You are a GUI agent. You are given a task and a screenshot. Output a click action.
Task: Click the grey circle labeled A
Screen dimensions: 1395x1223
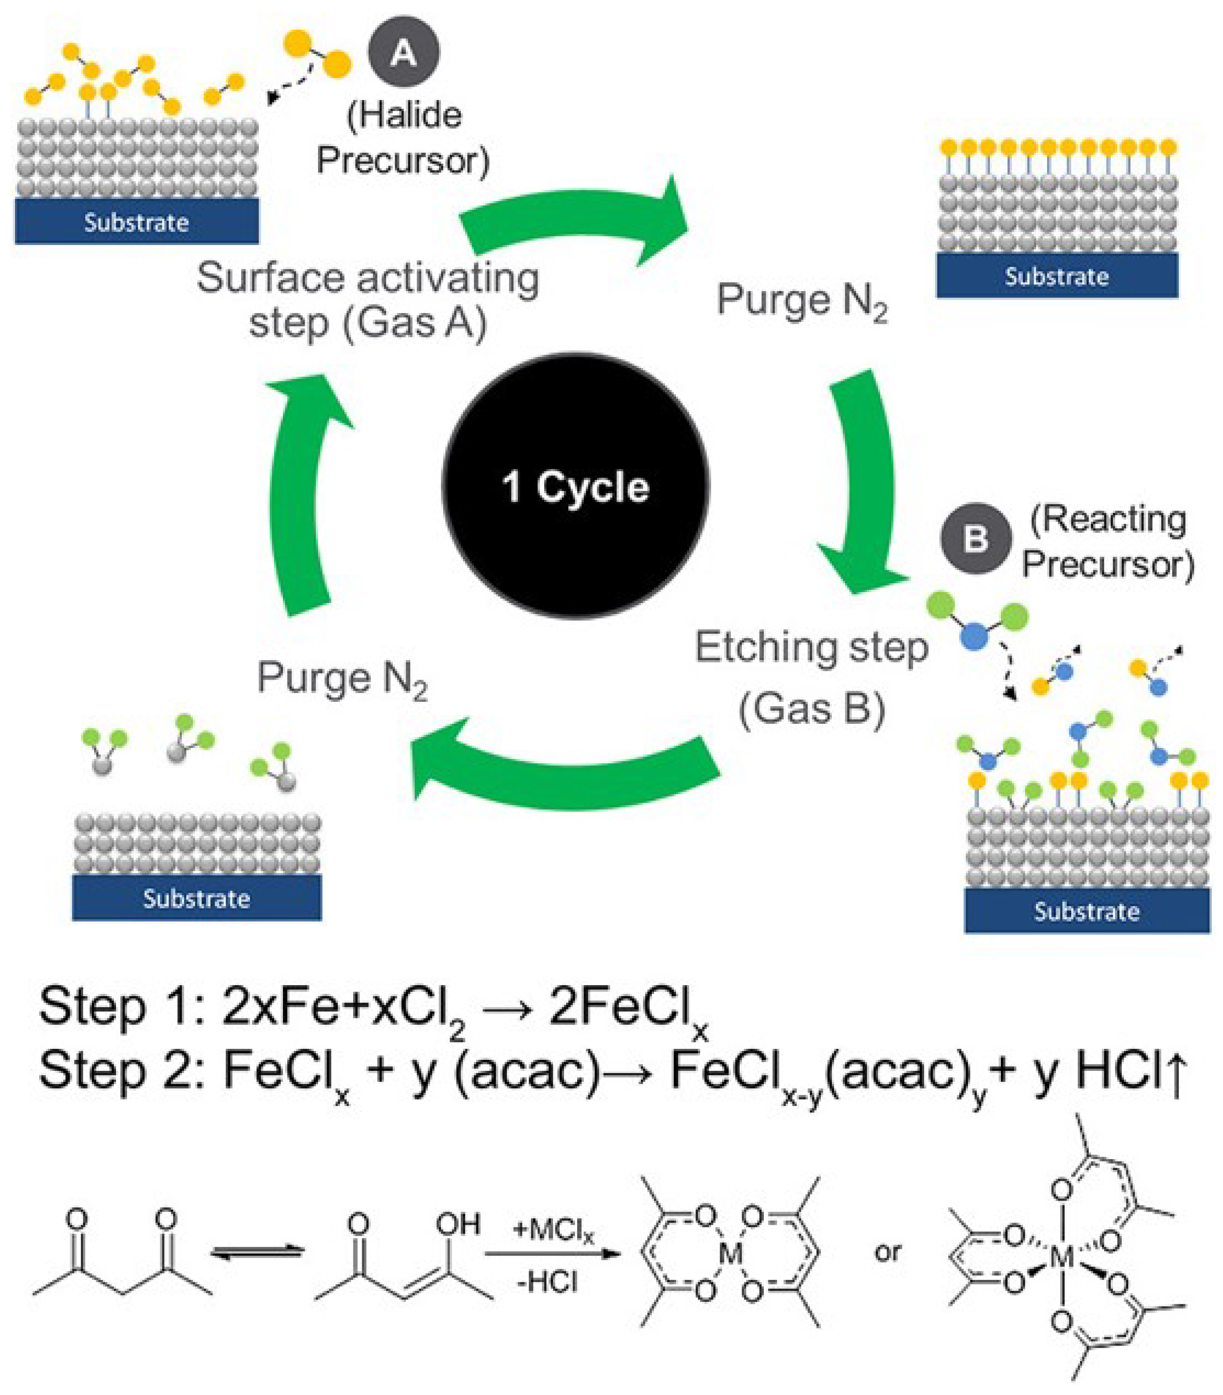(x=403, y=53)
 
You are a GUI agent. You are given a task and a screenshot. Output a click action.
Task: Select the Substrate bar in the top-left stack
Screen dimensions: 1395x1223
(x=136, y=222)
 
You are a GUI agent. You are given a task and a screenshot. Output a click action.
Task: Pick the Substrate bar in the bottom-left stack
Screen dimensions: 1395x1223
(x=197, y=897)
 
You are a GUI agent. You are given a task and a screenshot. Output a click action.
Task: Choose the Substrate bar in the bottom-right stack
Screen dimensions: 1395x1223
(x=1087, y=910)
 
